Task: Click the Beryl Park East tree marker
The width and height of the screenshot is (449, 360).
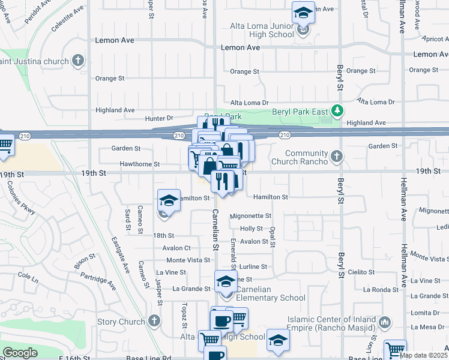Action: tap(338, 111)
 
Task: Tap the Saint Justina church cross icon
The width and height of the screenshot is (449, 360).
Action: tap(77, 60)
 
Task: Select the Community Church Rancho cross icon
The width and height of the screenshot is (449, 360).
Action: tap(337, 157)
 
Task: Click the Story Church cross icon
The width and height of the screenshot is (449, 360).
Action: tap(154, 322)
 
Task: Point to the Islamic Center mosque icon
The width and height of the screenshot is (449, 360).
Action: tap(385, 323)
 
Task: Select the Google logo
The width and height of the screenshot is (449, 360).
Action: tap(20, 353)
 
